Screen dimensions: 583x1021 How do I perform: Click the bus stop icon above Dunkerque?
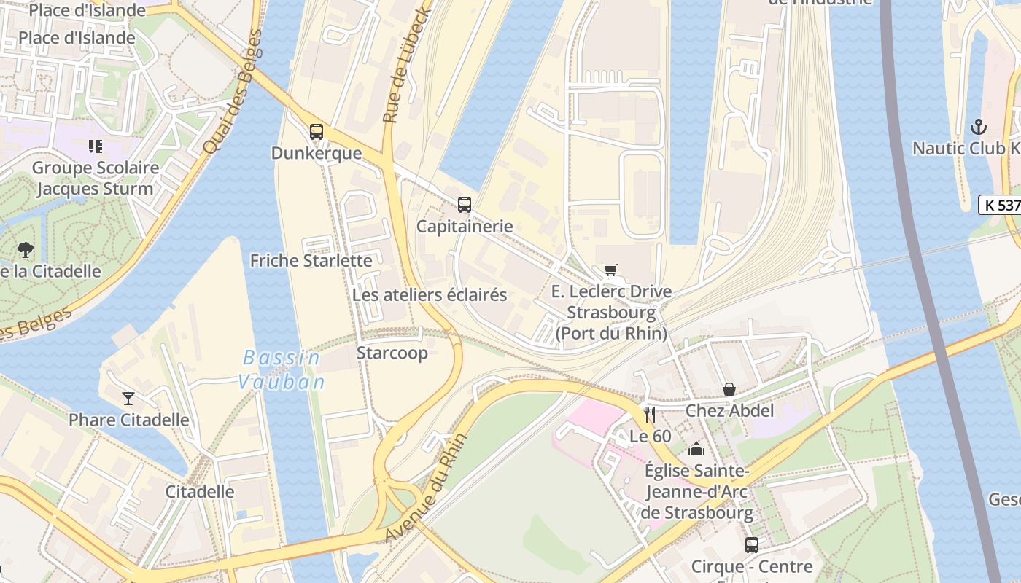point(316,132)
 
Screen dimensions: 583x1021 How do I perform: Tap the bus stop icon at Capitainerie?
point(465,205)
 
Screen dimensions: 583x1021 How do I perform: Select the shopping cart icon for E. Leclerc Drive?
point(610,270)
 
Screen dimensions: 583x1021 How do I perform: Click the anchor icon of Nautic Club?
point(978,128)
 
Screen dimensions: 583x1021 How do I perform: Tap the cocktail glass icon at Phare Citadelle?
point(128,398)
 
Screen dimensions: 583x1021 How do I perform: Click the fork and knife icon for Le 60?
point(650,415)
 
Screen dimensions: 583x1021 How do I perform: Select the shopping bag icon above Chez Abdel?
point(729,390)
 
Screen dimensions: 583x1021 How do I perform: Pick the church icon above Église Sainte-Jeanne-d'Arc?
point(696,449)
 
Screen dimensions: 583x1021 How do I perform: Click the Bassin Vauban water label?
point(281,369)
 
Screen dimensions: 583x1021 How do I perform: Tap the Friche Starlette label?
point(311,260)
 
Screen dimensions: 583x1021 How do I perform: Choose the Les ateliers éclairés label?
point(430,295)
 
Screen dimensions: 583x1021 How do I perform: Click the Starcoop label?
point(392,353)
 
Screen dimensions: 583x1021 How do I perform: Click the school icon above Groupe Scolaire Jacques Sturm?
point(95,146)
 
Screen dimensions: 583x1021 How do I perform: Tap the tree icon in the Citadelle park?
point(26,250)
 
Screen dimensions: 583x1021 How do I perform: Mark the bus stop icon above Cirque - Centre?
point(751,544)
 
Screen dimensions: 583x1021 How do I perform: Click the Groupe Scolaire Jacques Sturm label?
point(95,179)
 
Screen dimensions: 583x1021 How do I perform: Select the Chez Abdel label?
point(729,411)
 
